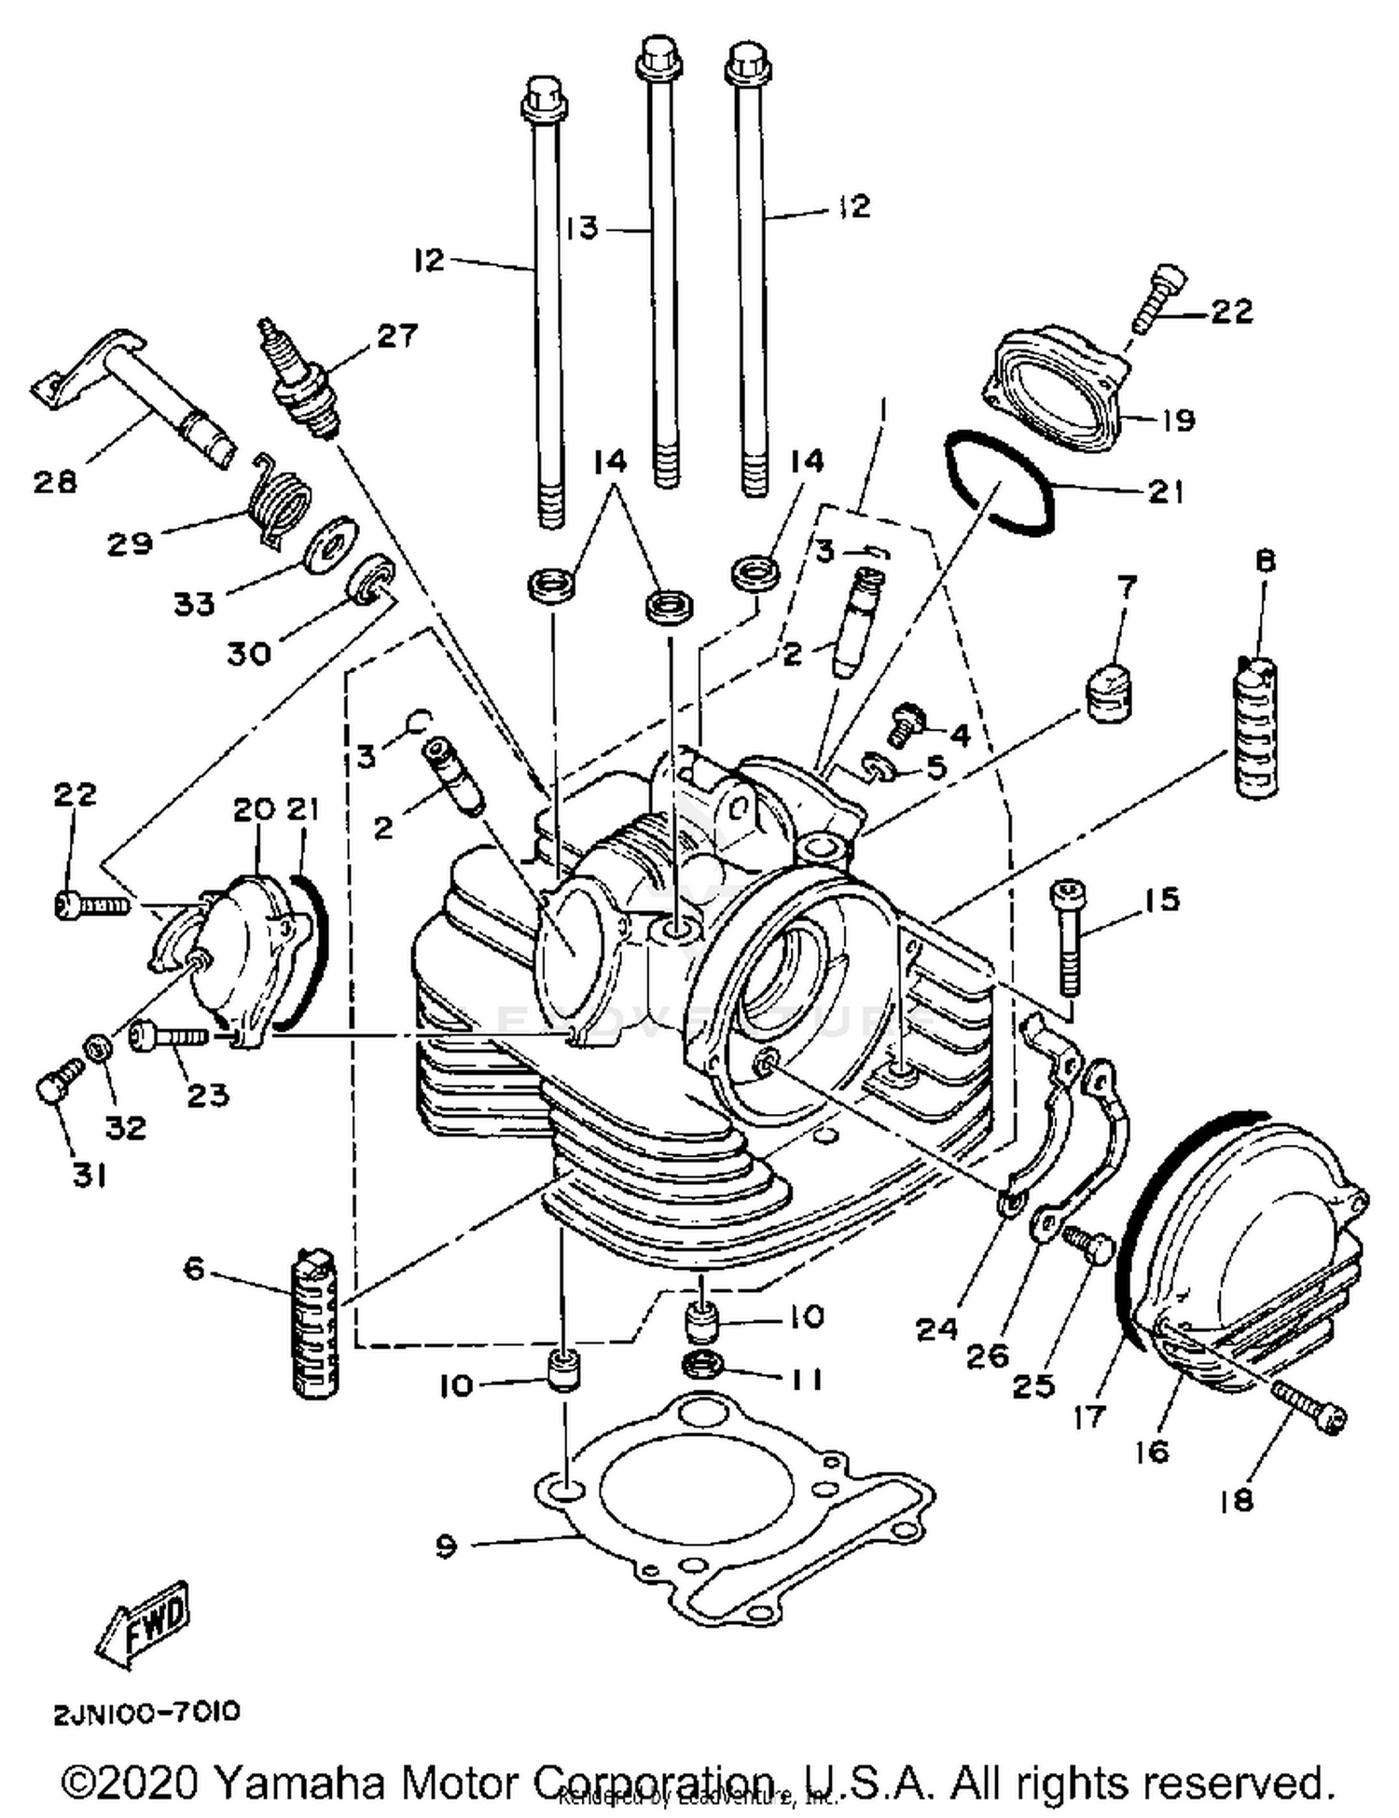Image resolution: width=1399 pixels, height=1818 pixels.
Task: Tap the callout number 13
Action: coord(583,227)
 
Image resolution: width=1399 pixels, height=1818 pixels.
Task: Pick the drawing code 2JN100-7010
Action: coord(146,1713)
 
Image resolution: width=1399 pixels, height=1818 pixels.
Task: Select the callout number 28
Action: coord(55,482)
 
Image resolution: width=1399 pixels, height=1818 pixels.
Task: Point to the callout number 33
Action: coord(194,604)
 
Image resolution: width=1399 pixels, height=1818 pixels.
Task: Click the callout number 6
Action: coord(193,1268)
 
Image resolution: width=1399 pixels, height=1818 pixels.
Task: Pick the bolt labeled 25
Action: coord(1088,1243)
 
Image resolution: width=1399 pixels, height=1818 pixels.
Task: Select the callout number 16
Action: coord(1153,1451)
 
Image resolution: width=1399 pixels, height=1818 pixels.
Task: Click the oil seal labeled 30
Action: coord(370,579)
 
